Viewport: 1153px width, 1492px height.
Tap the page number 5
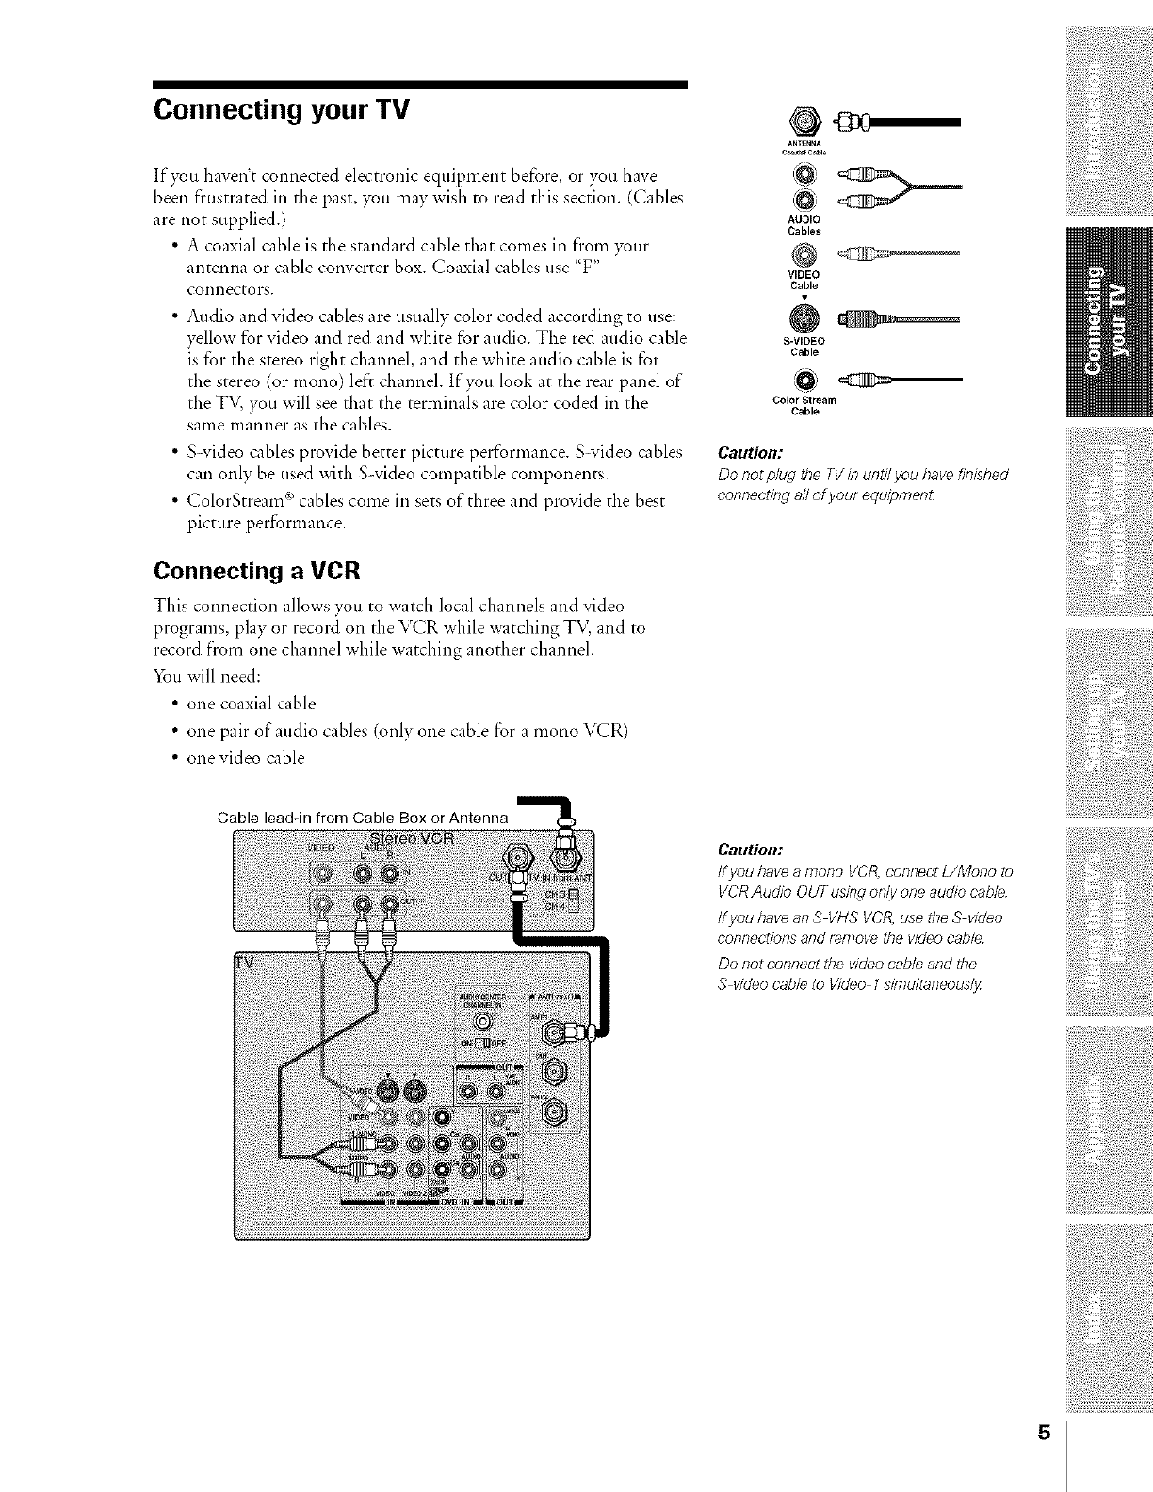(1043, 1459)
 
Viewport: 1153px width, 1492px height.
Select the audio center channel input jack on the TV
(481, 1021)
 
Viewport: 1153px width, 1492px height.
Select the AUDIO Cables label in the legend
(804, 225)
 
